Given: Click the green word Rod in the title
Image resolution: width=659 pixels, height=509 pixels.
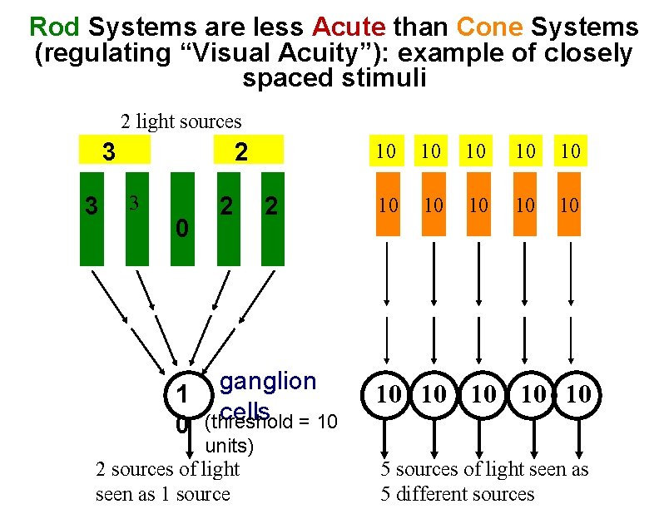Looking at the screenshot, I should [54, 27].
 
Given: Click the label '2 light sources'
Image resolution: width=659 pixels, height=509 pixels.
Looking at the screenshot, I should [181, 121].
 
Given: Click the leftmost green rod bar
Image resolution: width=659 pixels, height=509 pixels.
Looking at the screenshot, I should [93, 219].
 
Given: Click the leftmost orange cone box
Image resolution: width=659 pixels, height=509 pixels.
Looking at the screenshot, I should [386, 204].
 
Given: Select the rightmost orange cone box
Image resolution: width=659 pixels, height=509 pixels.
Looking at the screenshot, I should [569, 204].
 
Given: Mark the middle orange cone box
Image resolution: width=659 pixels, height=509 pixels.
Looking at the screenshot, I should [478, 204].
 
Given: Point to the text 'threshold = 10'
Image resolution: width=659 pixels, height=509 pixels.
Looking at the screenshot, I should [275, 423].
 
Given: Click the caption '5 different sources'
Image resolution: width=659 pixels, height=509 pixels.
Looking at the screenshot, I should [458, 493].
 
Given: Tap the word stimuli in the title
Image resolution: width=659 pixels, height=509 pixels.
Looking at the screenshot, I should [334, 79].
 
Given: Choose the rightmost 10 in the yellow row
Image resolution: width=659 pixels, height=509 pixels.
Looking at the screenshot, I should [569, 151].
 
